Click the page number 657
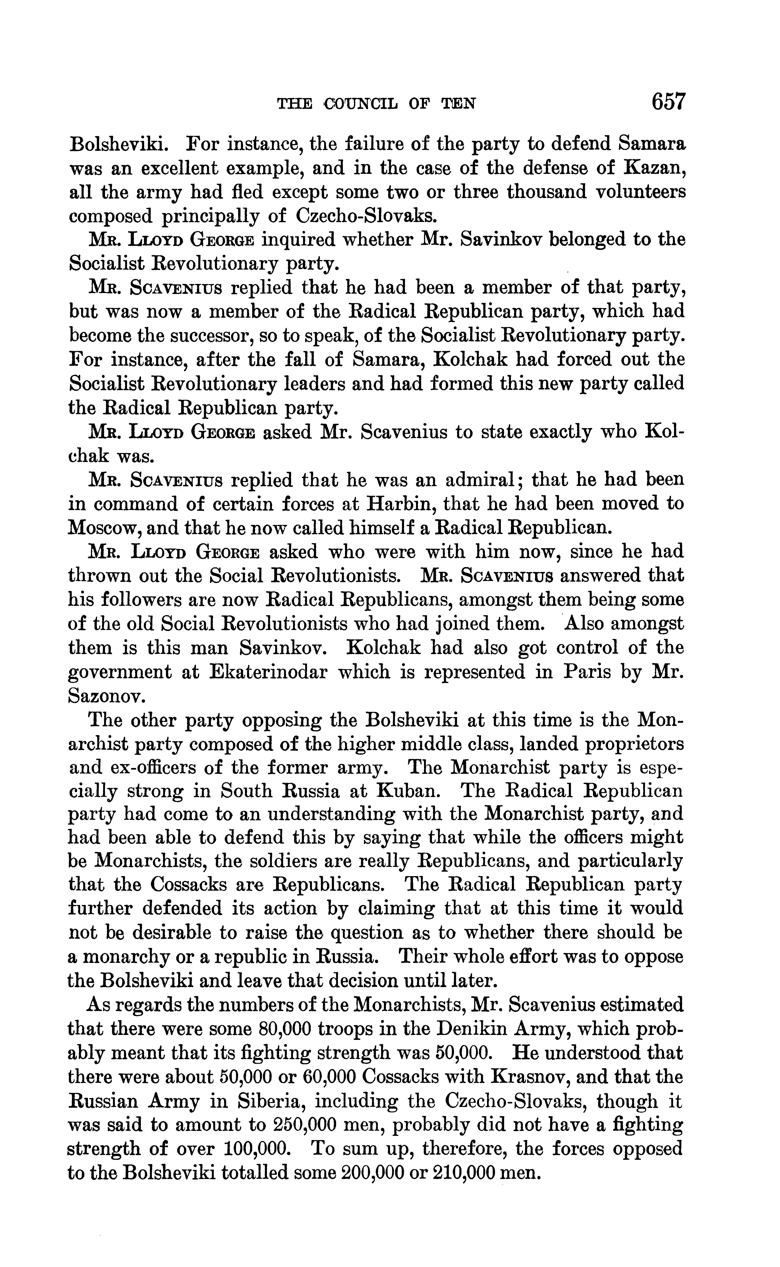coord(669,101)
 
